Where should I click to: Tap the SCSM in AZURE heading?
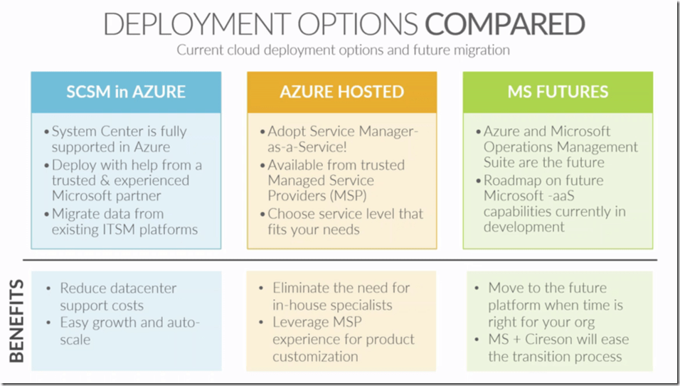coord(126,92)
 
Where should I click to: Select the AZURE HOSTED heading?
coord(341,92)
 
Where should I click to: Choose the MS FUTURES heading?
coord(558,92)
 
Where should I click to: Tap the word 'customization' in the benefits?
coord(316,356)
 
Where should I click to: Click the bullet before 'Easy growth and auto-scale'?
coord(48,323)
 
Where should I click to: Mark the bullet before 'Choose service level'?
coord(261,214)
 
